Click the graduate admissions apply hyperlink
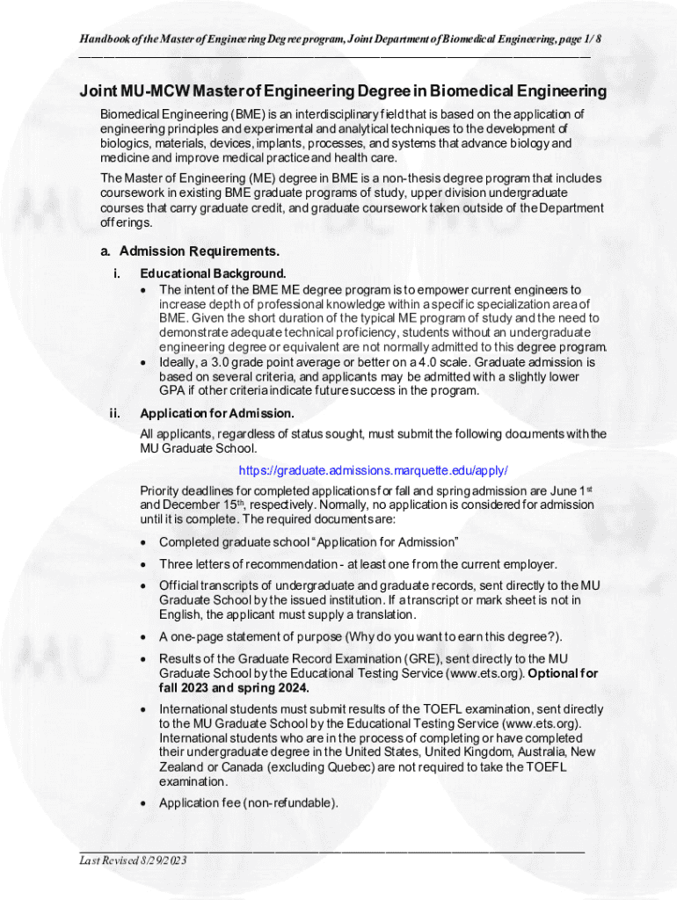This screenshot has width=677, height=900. (373, 469)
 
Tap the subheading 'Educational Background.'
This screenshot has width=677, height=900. (213, 273)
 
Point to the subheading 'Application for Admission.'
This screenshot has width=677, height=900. (217, 413)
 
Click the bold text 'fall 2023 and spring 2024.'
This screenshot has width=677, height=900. (234, 687)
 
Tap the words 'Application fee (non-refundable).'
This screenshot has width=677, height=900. (248, 802)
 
